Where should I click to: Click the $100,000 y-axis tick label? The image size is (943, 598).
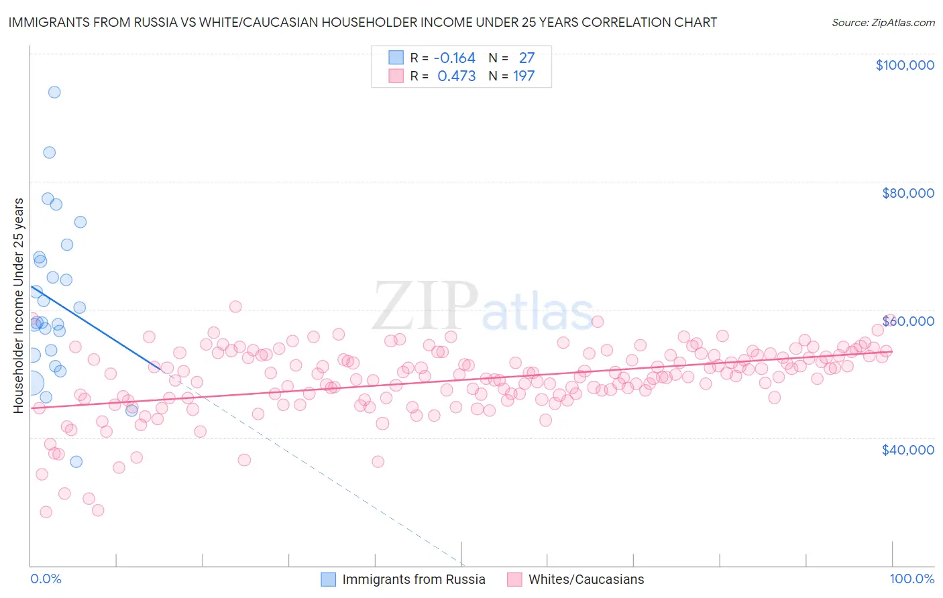[905, 65]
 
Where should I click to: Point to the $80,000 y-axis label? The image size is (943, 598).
[907, 193]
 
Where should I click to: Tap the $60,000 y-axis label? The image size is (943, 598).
[907, 321]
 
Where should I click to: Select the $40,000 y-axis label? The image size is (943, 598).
[907, 450]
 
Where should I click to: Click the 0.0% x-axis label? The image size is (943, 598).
[46, 579]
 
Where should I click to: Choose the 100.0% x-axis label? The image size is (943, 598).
[911, 579]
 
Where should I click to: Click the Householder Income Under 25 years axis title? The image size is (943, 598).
[19, 305]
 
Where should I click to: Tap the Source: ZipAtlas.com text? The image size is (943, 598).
[883, 23]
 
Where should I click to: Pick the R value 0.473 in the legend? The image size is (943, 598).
[456, 76]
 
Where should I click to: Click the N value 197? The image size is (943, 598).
[524, 76]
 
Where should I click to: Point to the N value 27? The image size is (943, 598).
[526, 58]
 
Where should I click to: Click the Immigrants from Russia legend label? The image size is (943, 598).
[413, 579]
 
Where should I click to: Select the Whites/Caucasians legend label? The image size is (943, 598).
[586, 579]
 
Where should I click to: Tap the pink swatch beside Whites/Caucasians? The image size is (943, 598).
[514, 579]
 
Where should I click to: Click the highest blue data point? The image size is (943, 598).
[54, 93]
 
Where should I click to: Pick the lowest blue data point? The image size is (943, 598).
[76, 461]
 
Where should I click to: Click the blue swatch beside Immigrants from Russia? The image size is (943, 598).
[328, 579]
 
